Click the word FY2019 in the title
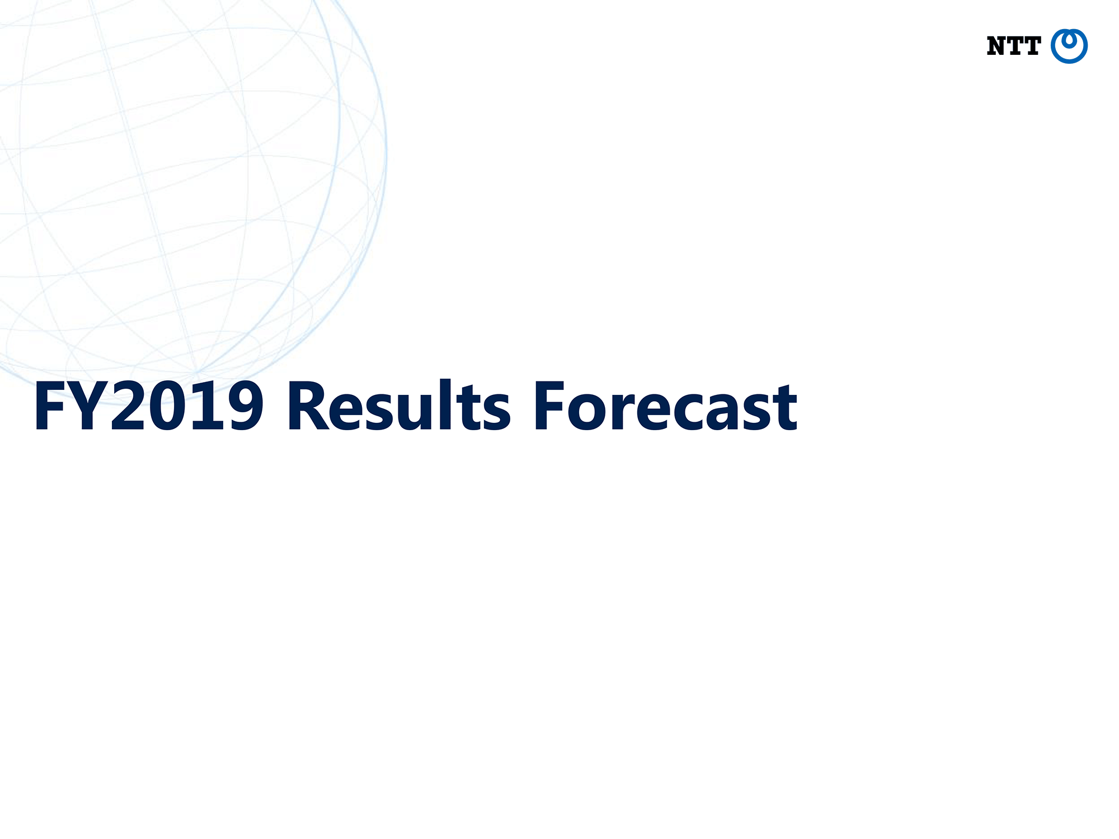click(x=149, y=406)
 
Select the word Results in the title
click(x=398, y=405)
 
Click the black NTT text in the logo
click(x=1013, y=46)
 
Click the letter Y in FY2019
click(x=92, y=406)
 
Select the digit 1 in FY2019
click(x=206, y=406)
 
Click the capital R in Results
click(x=309, y=406)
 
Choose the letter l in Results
click(x=445, y=405)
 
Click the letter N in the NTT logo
click(x=996, y=46)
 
